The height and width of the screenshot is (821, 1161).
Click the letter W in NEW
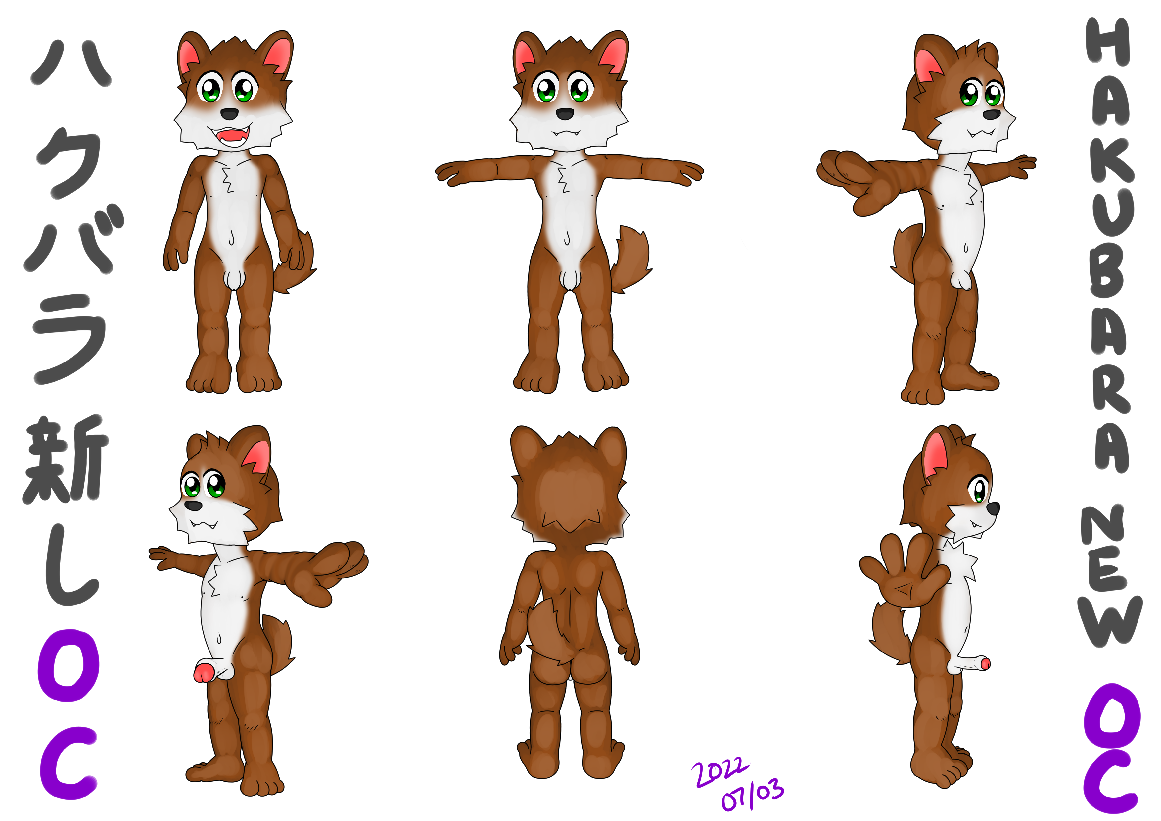click(1110, 622)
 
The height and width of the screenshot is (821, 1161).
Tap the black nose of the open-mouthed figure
click(230, 113)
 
